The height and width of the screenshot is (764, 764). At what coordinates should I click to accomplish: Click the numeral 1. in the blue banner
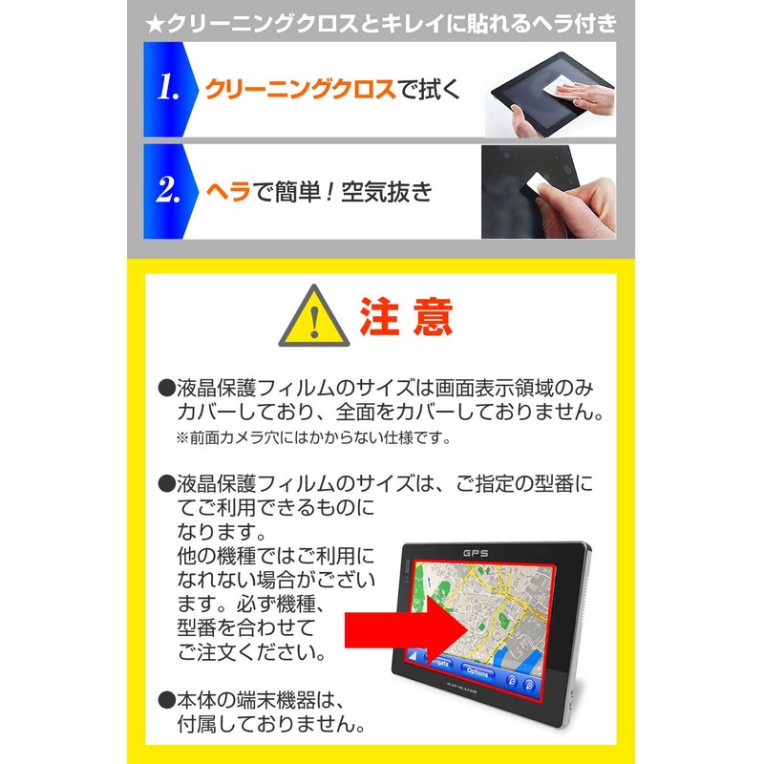coord(168,91)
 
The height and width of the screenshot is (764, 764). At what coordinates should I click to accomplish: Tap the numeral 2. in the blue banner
coord(170,192)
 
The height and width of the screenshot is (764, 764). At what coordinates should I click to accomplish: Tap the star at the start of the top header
coord(154,21)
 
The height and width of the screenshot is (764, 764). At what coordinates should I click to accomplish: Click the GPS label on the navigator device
coord(476,553)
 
